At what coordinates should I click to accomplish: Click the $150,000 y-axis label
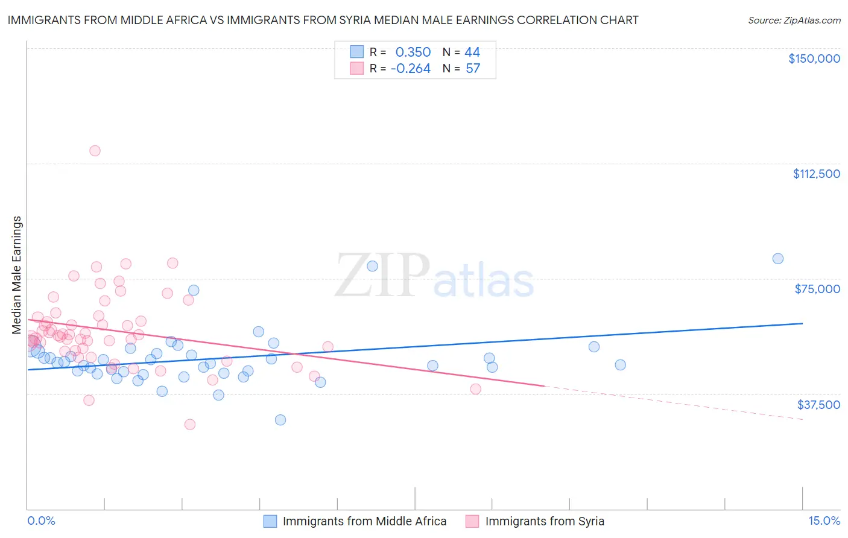[814, 59]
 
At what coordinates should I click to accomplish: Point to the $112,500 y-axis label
[816, 174]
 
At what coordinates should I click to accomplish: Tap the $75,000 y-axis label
[817, 289]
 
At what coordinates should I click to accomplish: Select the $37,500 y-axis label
[818, 404]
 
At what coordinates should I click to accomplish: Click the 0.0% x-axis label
[41, 521]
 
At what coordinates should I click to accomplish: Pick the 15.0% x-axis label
[824, 521]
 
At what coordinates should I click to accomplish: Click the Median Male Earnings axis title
[16, 274]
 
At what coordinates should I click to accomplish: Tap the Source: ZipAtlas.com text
[794, 20]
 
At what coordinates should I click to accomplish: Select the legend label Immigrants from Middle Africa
[364, 521]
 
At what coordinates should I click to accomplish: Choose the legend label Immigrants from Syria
[544, 521]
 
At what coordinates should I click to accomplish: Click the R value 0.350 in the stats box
[413, 52]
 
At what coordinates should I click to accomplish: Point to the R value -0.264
[410, 68]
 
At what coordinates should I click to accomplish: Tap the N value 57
[473, 68]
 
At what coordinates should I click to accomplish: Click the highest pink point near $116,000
[95, 151]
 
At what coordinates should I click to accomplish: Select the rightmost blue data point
[778, 259]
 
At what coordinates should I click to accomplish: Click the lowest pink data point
[190, 424]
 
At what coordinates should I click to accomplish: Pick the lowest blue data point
[280, 420]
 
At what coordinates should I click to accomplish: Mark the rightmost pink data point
[475, 389]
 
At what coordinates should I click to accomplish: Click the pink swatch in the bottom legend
[472, 521]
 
